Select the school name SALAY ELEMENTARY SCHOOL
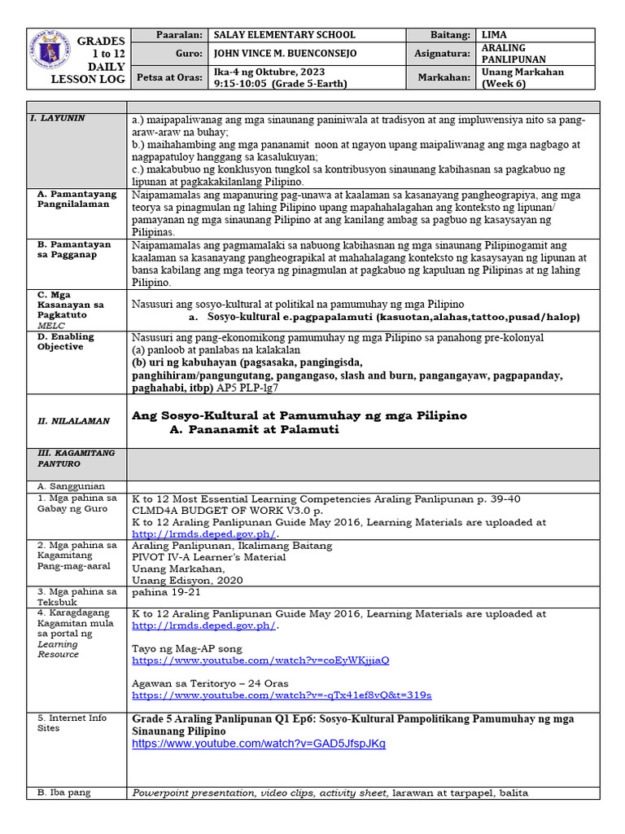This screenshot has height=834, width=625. [x=284, y=35]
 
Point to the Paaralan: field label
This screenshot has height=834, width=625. [x=181, y=35]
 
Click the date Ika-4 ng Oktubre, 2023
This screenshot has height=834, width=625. [x=264, y=72]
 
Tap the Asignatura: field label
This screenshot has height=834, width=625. [x=442, y=53]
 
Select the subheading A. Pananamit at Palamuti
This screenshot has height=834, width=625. [x=255, y=429]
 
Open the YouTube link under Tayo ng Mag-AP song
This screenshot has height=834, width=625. [x=260, y=660]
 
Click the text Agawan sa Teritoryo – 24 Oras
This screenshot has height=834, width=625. [x=210, y=683]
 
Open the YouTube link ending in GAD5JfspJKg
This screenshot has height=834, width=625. [x=258, y=744]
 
